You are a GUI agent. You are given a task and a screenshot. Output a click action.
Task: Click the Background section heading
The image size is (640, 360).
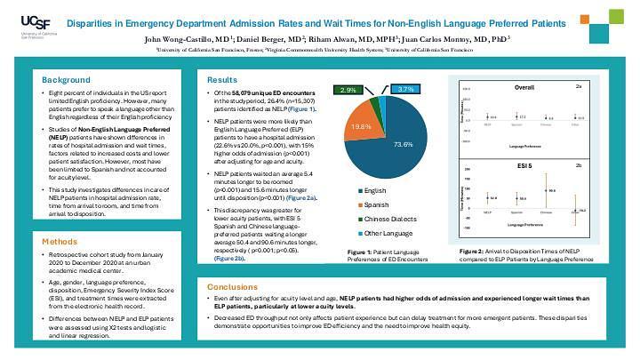point(66,80)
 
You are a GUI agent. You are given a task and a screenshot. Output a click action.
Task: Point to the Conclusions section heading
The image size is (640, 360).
point(233,287)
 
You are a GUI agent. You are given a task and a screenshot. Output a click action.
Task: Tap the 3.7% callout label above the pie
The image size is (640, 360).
point(407,90)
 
